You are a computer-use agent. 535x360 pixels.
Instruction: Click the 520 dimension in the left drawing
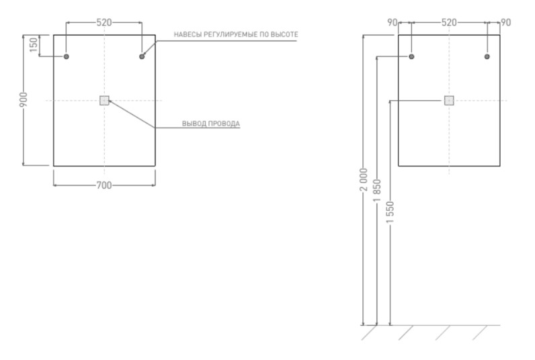104,22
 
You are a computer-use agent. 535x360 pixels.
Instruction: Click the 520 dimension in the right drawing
449,22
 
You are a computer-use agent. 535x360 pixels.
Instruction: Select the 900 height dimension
23,100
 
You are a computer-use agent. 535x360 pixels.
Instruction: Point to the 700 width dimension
104,185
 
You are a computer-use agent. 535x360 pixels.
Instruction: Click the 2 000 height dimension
363,179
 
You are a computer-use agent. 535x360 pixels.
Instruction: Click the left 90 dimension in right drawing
393,22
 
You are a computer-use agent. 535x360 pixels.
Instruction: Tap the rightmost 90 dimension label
505,22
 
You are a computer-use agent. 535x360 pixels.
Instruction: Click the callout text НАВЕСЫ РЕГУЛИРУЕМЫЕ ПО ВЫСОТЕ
235,34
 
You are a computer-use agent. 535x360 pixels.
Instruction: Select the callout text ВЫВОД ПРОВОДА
210,124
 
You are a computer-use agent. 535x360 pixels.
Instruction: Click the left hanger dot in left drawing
67,56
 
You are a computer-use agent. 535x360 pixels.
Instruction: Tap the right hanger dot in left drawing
142,56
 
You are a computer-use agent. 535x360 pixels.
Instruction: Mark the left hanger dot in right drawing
411,56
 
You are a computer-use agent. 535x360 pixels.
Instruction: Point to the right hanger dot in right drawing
487,56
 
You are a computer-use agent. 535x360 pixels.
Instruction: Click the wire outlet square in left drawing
104,101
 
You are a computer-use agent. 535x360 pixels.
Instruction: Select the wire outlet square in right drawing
449,101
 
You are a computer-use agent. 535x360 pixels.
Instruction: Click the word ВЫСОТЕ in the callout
283,34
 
